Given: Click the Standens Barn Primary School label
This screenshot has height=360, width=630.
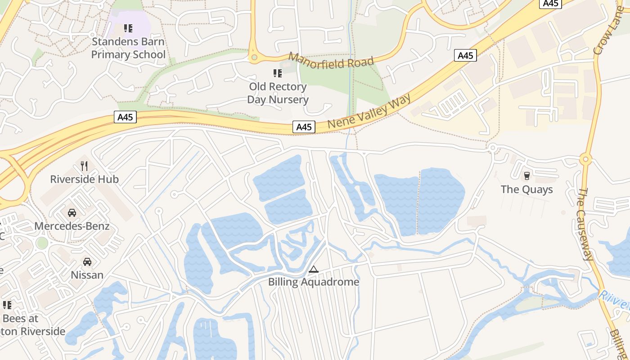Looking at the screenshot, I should tap(128, 48).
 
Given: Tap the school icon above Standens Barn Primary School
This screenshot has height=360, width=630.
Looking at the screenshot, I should tap(128, 28).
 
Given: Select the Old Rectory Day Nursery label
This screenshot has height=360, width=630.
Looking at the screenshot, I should tap(278, 93).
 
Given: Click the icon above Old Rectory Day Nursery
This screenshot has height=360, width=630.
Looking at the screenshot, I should tap(278, 73).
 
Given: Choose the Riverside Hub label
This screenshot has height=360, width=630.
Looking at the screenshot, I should tap(84, 179).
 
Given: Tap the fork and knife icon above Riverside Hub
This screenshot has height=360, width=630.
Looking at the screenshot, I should tap(84, 166).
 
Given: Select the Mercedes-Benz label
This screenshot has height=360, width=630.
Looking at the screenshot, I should tap(72, 226).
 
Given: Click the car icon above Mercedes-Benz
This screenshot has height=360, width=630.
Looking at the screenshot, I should tap(72, 212).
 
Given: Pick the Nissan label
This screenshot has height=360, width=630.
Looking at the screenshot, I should tap(87, 274).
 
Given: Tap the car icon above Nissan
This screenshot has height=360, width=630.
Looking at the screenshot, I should tap(87, 261).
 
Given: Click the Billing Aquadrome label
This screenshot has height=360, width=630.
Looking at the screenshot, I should tap(314, 282).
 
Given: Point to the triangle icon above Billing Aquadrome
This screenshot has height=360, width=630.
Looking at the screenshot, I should tap(314, 269).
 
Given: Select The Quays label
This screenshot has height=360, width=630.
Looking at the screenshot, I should tap(526, 189).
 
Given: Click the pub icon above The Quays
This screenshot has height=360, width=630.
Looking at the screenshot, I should tap(526, 175).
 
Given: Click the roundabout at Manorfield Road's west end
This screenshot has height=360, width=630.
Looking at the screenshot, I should tap(254, 58).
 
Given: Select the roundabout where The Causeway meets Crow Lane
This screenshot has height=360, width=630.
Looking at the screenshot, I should tap(585, 159).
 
